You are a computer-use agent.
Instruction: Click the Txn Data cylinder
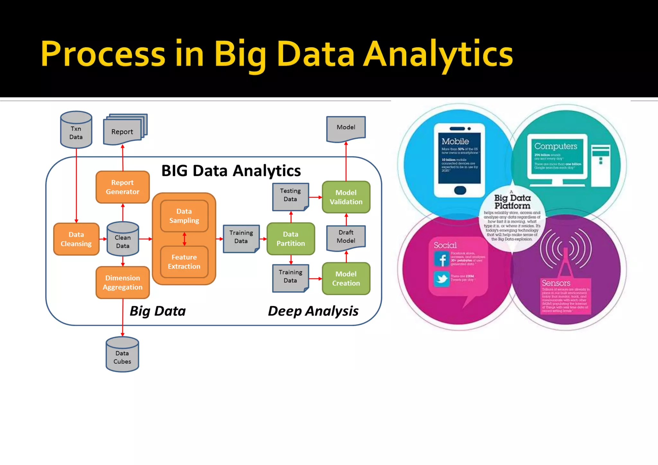click(x=76, y=130)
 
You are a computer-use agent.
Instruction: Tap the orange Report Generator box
click(x=122, y=187)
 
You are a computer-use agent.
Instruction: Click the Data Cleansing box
click(x=76, y=239)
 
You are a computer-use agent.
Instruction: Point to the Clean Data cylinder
click(x=123, y=239)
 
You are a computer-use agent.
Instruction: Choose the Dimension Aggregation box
click(x=122, y=282)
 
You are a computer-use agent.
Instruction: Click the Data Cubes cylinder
click(x=122, y=355)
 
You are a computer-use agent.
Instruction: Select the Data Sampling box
click(x=184, y=216)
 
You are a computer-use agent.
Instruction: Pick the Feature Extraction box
click(x=184, y=262)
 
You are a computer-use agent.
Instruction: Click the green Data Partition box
click(x=290, y=239)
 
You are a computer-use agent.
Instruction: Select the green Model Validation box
click(x=346, y=197)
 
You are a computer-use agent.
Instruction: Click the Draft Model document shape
click(x=346, y=237)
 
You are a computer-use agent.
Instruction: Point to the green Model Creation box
click(x=346, y=278)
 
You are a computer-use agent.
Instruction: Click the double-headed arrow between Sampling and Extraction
click(x=184, y=239)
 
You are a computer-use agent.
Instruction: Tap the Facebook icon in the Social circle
click(x=441, y=259)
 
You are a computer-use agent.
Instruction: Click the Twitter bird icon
click(x=441, y=279)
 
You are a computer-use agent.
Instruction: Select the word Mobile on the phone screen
click(x=455, y=141)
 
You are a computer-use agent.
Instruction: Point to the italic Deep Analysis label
click(x=313, y=311)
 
